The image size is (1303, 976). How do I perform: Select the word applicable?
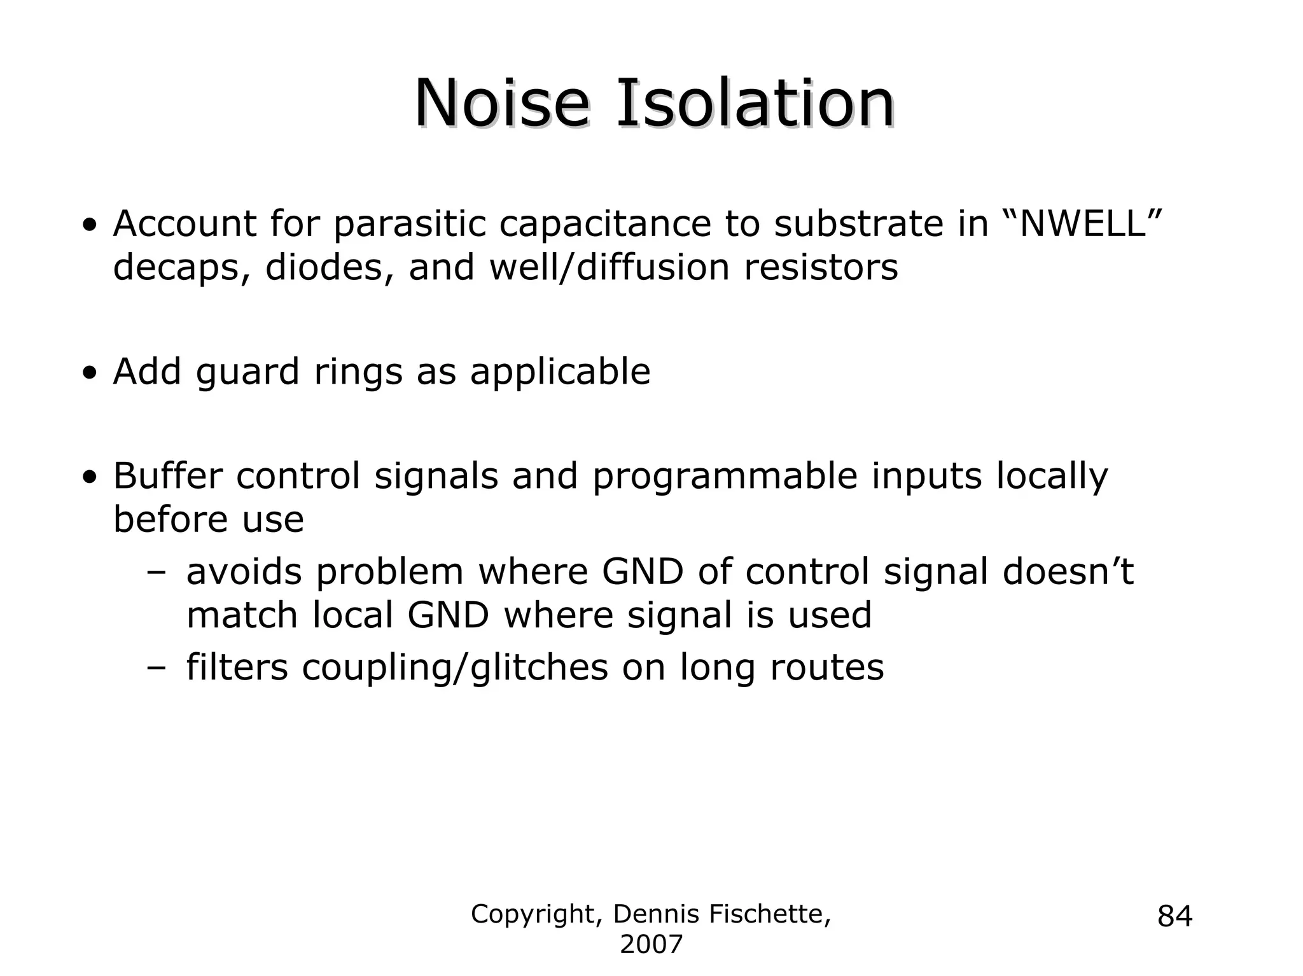[x=560, y=372]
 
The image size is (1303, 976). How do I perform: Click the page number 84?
[x=1174, y=917]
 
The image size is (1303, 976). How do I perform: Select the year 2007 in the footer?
[x=651, y=945]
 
